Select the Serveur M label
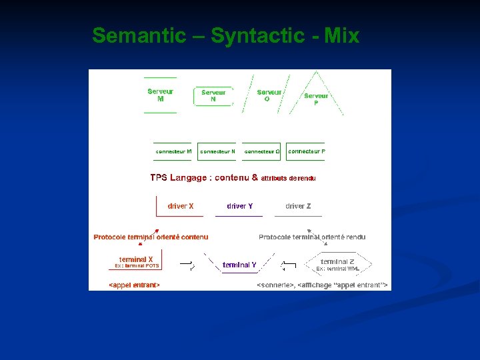coord(160,95)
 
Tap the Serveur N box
coord(213,96)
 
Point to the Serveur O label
coord(269,95)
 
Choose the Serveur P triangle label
coord(316,99)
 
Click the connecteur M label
coord(173,151)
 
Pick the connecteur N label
coord(217,151)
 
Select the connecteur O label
coord(262,151)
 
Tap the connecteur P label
coord(306,151)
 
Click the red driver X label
coord(181,206)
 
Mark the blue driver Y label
coord(240,206)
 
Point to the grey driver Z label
coord(298,206)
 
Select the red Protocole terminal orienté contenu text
coord(151,237)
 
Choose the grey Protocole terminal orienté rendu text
coord(312,237)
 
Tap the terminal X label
coord(136,259)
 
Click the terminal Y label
coord(239,265)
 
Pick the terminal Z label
coord(337,262)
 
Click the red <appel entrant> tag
coord(134,285)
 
